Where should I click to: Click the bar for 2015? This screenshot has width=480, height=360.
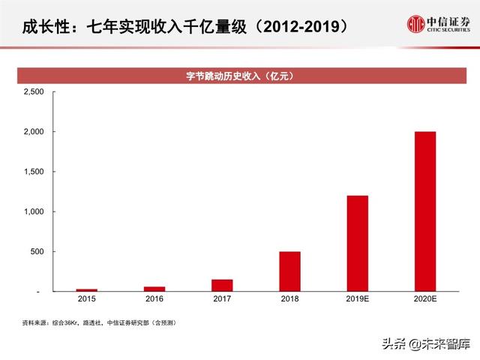[86, 289]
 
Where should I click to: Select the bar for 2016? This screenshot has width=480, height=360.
[154, 289]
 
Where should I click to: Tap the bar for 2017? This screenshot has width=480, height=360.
[222, 285]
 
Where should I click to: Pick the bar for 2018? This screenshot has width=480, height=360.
[289, 271]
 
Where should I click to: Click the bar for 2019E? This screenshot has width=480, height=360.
[357, 243]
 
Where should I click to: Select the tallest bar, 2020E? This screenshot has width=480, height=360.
[424, 211]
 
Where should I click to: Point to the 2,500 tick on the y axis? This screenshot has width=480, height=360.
[34, 91]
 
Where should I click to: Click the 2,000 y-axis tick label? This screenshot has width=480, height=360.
[34, 132]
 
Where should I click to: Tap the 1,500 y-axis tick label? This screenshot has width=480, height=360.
[34, 172]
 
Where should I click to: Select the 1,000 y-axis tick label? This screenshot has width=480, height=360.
[34, 211]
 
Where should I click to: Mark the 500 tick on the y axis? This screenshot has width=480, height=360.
[37, 251]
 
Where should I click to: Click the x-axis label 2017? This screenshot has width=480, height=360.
[222, 299]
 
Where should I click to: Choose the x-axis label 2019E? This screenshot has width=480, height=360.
[357, 299]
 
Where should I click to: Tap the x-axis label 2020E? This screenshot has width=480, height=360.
[424, 299]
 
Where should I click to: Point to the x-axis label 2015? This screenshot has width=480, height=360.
[86, 299]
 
